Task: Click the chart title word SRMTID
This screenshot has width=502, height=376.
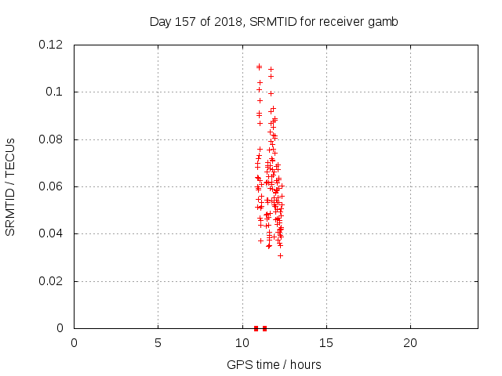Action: [274, 22]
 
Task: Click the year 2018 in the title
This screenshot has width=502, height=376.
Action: [228, 22]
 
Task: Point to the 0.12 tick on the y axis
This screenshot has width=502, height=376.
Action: [50, 45]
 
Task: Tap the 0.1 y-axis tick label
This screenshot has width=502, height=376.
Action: [54, 92]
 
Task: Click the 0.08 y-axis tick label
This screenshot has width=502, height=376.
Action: [50, 139]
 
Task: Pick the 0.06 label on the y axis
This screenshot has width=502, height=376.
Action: [50, 186]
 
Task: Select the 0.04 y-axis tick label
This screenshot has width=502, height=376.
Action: [50, 233]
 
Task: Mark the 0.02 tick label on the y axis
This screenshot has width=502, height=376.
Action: [50, 281]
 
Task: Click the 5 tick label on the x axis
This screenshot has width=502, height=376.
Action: [158, 343]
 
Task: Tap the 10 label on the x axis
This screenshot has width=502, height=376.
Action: [242, 343]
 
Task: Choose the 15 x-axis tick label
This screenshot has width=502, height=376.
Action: [326, 343]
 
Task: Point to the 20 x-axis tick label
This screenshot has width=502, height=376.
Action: [410, 343]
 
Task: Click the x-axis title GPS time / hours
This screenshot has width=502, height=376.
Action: [274, 365]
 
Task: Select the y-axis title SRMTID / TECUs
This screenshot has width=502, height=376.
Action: [10, 187]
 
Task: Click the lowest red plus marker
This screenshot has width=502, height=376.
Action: [281, 256]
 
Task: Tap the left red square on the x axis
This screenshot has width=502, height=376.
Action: [256, 328]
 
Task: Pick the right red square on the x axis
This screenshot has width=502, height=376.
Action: [264, 328]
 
